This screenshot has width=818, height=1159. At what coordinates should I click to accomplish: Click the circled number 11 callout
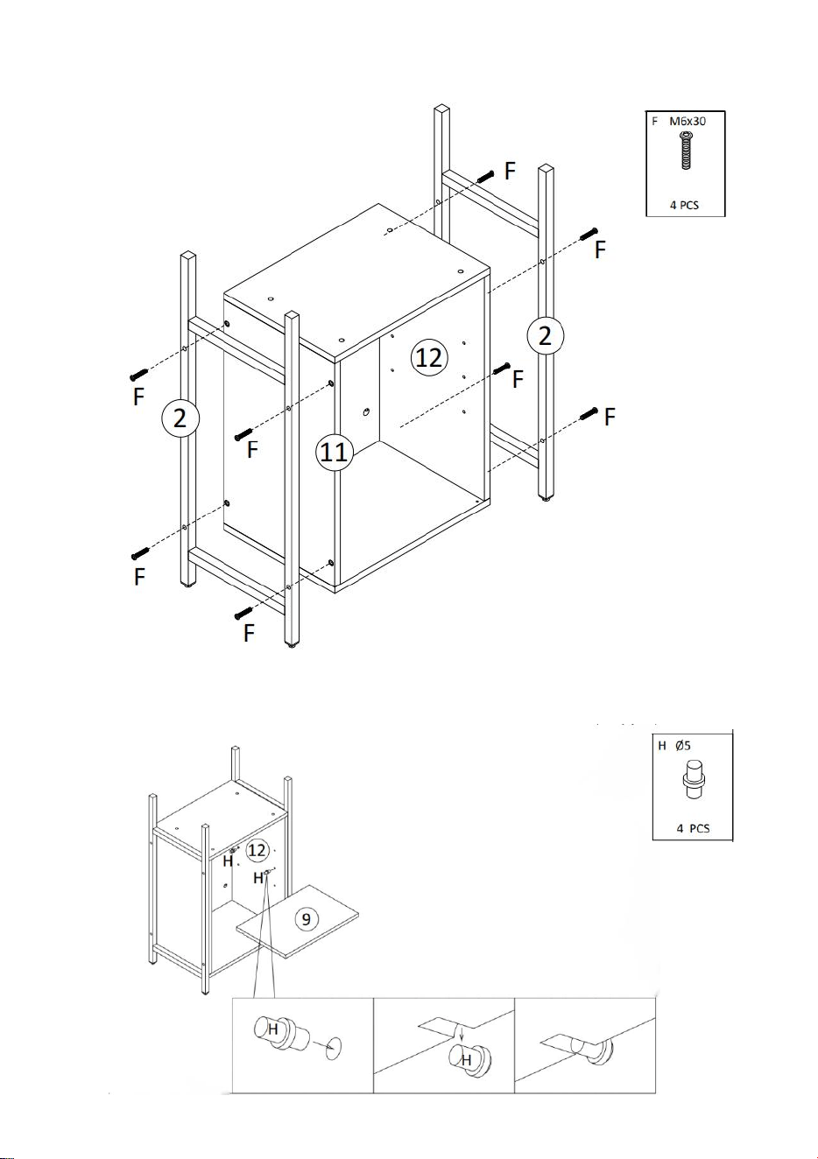click(335, 453)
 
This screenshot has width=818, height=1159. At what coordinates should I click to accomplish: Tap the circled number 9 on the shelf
click(306, 919)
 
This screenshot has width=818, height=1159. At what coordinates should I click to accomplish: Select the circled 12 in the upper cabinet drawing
click(429, 357)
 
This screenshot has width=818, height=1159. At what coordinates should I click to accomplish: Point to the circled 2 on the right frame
click(545, 336)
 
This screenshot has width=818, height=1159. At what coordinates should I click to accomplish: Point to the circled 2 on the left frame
click(180, 418)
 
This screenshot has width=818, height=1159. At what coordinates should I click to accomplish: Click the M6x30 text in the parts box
click(688, 122)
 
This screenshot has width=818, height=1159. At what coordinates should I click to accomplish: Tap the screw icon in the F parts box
click(687, 151)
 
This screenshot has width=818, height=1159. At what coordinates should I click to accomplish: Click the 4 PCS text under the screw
click(684, 205)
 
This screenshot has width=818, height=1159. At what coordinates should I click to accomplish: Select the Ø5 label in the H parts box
click(683, 746)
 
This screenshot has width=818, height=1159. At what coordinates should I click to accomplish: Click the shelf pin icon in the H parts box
click(694, 780)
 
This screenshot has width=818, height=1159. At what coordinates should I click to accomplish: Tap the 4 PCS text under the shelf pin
click(693, 828)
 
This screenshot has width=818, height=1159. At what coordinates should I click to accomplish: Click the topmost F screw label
click(511, 171)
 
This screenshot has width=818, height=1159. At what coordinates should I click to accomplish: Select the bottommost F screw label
click(249, 632)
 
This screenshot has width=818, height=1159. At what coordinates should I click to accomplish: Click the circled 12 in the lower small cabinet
click(257, 851)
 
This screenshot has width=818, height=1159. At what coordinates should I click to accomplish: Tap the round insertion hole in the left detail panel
click(334, 1047)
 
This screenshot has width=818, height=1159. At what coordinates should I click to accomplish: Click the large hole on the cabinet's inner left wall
click(367, 412)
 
